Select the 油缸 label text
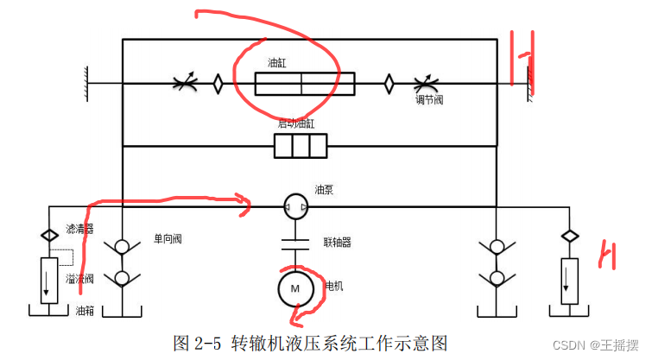pyautogui.click(x=276, y=64)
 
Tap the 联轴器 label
pyautogui.click(x=337, y=243)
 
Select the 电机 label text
pyautogui.click(x=333, y=285)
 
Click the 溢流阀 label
pyautogui.click(x=79, y=279)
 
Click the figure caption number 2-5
pyautogui.click(x=208, y=342)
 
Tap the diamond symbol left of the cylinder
pyautogui.click(x=218, y=84)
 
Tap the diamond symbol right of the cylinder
pyautogui.click(x=389, y=84)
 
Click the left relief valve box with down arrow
pyautogui.click(x=49, y=280)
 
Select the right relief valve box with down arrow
pyautogui.click(x=569, y=280)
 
